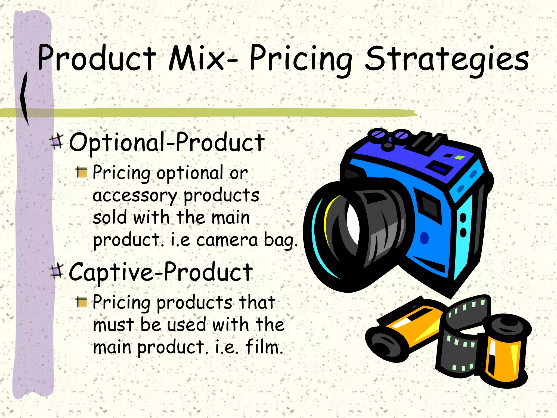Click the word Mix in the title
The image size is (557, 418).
point(196,58)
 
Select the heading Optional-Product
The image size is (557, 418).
point(166,142)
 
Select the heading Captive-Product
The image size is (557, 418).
point(160,272)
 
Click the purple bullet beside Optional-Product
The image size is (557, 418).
point(57,141)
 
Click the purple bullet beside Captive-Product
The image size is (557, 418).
point(57,271)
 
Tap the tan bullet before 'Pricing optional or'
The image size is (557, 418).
point(81,172)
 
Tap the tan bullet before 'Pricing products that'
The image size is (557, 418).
point(81,302)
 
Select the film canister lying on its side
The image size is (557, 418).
point(403,332)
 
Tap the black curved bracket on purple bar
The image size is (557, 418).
point(24,98)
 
